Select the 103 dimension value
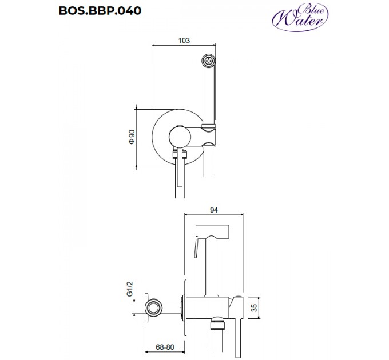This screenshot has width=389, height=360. click(x=184, y=41)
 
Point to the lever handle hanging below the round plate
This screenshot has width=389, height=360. click(x=178, y=171)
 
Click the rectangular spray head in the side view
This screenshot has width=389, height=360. click(x=213, y=231)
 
